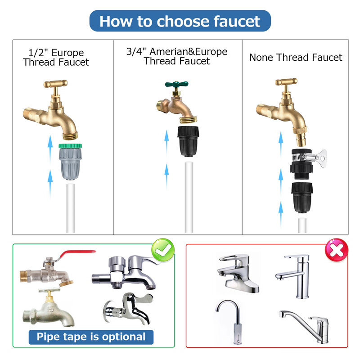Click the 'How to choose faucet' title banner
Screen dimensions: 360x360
tap(180, 21)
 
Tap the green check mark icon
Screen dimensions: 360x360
tap(163, 250)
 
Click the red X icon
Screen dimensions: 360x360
tap(336, 250)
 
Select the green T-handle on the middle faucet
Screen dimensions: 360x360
tap(176, 84)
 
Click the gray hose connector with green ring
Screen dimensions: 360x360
tap(70, 162)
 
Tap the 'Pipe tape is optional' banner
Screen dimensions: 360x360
tap(91, 337)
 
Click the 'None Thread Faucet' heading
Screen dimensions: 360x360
tap(296, 57)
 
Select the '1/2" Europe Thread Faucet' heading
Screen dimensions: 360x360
tap(56, 58)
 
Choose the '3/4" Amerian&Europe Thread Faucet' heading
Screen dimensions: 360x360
tap(177, 56)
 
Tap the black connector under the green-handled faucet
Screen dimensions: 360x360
tap(188, 141)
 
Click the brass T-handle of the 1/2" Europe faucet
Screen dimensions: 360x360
tap(55, 84)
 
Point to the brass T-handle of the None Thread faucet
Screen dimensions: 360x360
tap(286, 82)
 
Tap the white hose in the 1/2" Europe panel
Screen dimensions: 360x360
tap(71, 208)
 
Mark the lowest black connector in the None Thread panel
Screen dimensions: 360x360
tap(302, 198)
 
